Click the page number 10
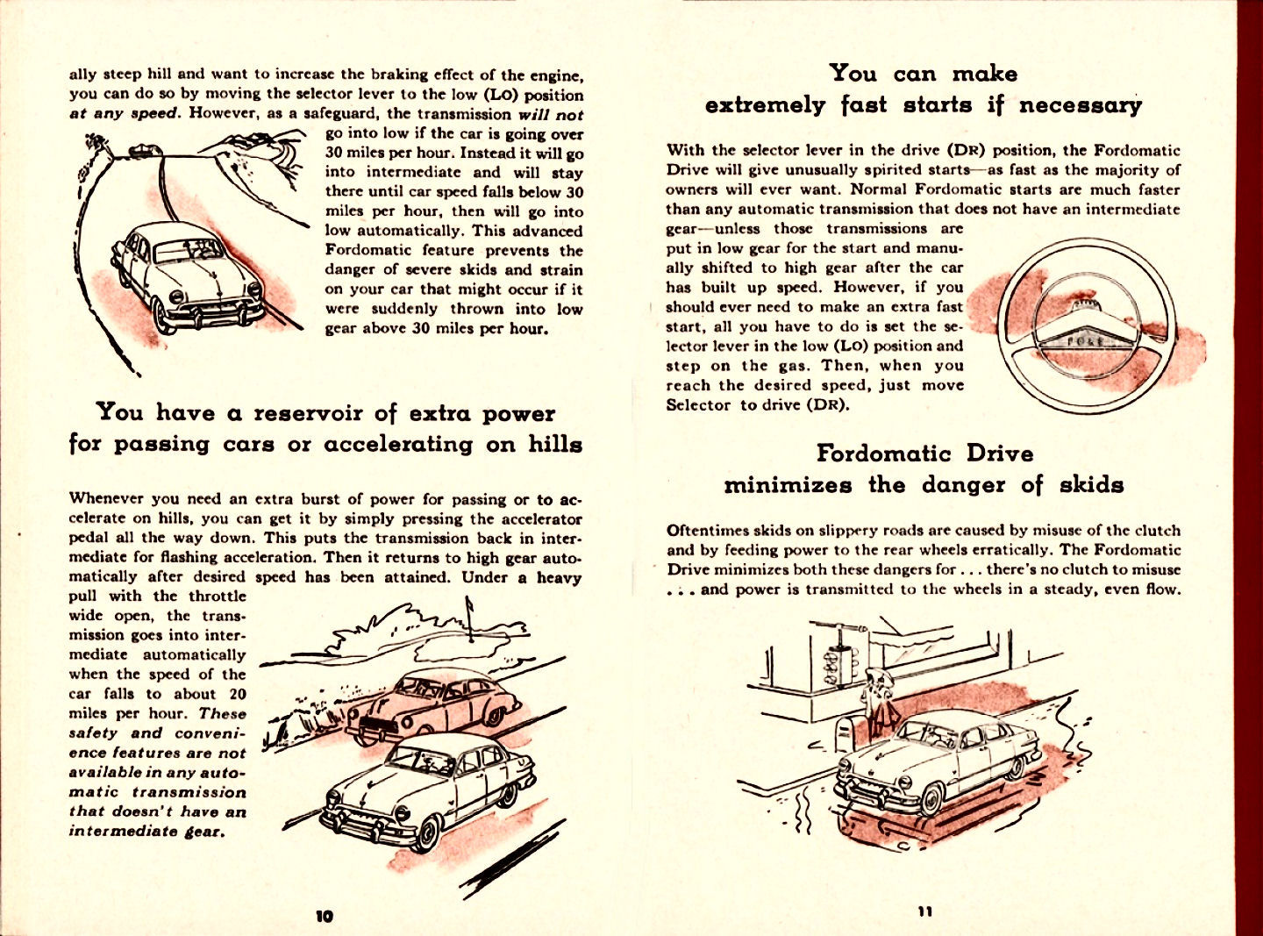(x=324, y=916)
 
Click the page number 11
(x=924, y=911)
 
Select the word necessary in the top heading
(x=1080, y=106)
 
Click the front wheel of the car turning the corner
(x=931, y=798)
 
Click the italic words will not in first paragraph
(x=550, y=114)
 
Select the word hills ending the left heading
(x=554, y=444)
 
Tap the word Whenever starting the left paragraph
(x=106, y=499)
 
